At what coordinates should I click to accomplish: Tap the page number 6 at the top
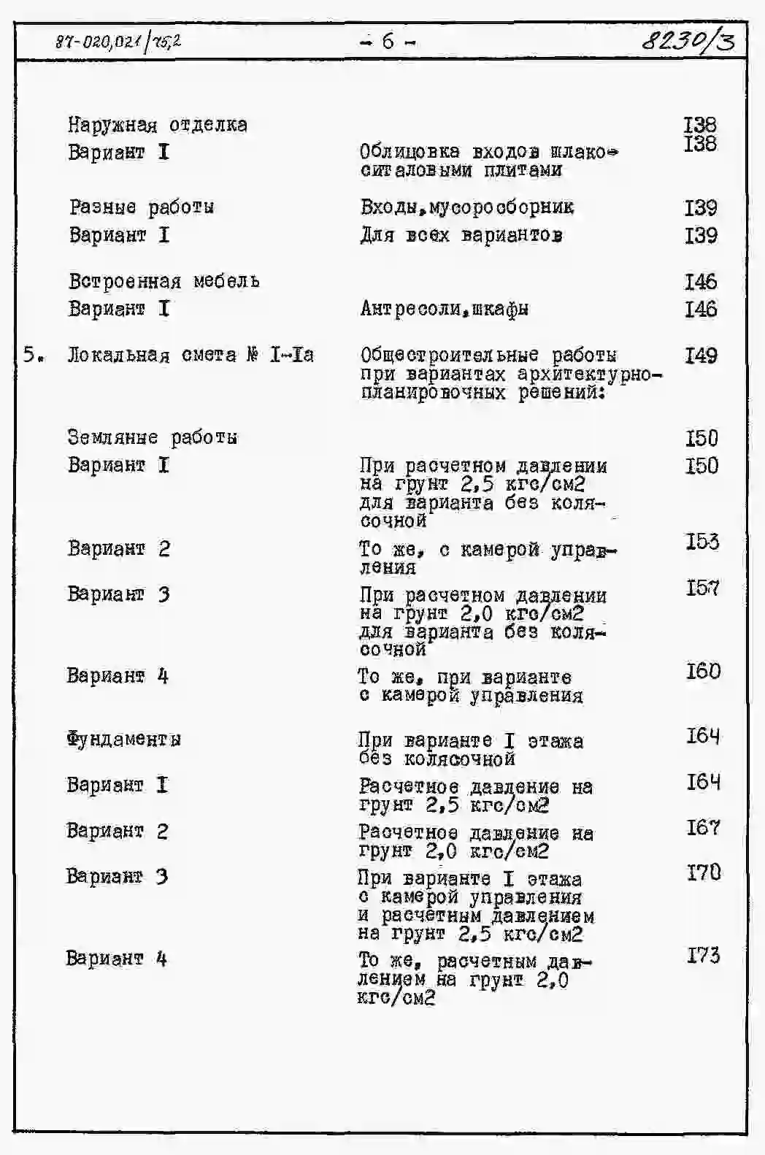pyautogui.click(x=388, y=42)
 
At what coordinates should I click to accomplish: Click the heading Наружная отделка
pyautogui.click(x=158, y=125)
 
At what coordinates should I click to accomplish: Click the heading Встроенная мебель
pyautogui.click(x=164, y=281)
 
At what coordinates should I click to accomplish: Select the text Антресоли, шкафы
pyautogui.click(x=445, y=309)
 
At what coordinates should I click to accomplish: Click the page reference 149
pyautogui.click(x=701, y=356)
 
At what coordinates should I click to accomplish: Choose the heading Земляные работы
pyautogui.click(x=153, y=437)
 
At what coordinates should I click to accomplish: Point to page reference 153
pyautogui.click(x=701, y=542)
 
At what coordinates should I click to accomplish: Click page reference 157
pyautogui.click(x=702, y=588)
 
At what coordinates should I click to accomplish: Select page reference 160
pyautogui.click(x=703, y=671)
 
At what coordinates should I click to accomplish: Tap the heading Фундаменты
pyautogui.click(x=123, y=739)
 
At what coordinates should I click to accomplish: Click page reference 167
pyautogui.click(x=703, y=828)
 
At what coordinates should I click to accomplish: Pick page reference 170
pyautogui.click(x=704, y=872)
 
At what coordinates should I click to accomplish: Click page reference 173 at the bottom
pyautogui.click(x=704, y=955)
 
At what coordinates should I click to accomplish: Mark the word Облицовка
pyautogui.click(x=410, y=152)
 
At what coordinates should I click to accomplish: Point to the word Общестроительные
pyautogui.click(x=450, y=356)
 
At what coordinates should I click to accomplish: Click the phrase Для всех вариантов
pyautogui.click(x=461, y=235)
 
